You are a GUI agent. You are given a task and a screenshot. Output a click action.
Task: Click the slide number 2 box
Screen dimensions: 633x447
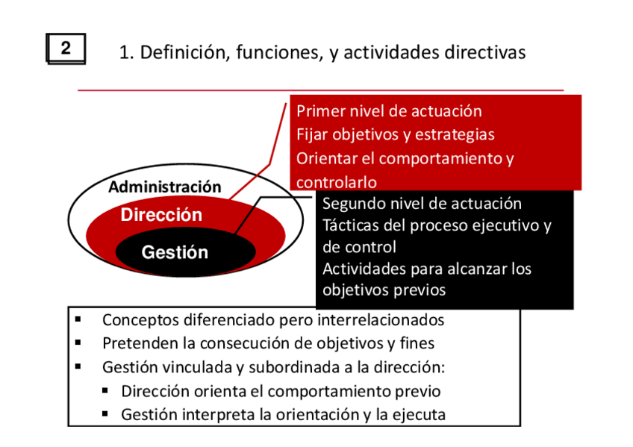coord(66,49)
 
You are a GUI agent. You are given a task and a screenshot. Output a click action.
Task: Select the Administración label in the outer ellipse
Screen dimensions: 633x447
coord(165,187)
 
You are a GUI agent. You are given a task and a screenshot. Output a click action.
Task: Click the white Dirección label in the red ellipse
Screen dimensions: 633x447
coord(161,215)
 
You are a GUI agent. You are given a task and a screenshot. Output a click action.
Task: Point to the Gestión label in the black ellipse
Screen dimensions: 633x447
coord(175,252)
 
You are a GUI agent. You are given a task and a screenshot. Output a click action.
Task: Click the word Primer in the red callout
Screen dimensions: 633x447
coord(320,111)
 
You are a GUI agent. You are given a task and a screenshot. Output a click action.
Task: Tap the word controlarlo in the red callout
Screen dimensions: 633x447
coord(337,182)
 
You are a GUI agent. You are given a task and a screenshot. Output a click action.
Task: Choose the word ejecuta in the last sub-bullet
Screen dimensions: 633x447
coord(420,414)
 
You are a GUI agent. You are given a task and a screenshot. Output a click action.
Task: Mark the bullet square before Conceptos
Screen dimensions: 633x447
coord(78,319)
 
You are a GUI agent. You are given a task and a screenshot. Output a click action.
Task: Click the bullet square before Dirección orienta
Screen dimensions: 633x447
coord(105,390)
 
